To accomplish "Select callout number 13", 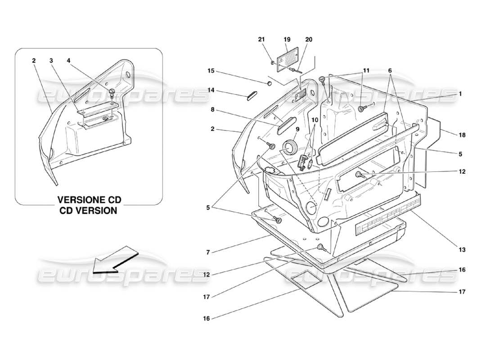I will coord(462,249).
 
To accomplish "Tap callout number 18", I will coord(462,135).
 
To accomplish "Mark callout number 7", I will coord(208,252).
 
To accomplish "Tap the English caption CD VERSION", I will coord(89,210).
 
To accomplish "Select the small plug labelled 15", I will coord(269,83).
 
